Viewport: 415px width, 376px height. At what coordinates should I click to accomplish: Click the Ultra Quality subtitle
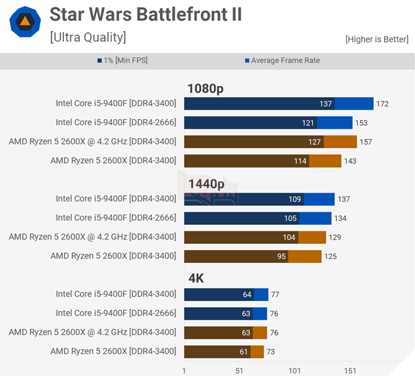[x=88, y=37]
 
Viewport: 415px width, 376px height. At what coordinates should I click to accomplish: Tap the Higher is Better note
[x=376, y=39]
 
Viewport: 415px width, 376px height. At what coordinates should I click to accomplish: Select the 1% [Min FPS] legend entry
[x=124, y=60]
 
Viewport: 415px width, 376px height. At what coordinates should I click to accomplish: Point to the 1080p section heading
[x=206, y=89]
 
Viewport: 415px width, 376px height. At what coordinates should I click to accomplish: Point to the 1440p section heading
[x=206, y=184]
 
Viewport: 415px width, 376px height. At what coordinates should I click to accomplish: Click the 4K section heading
[x=196, y=279]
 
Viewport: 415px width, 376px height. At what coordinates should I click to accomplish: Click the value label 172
[x=383, y=104]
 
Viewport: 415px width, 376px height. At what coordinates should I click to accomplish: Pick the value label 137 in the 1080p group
[x=325, y=104]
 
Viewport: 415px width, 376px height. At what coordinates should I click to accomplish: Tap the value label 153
[x=362, y=123]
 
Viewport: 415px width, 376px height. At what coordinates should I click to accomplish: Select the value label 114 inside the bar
[x=300, y=161]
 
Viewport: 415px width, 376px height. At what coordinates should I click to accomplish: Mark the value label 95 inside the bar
[x=281, y=256]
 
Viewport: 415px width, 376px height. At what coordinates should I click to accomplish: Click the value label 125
[x=330, y=256]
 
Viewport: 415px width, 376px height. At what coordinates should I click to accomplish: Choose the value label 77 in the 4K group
[x=275, y=294]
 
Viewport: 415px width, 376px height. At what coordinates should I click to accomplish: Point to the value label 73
[x=270, y=352]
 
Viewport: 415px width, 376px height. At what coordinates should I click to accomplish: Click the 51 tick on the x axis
[x=239, y=370]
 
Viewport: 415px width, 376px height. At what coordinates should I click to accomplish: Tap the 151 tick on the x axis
[x=350, y=370]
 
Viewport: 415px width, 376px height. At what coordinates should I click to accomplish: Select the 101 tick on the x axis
[x=294, y=370]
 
